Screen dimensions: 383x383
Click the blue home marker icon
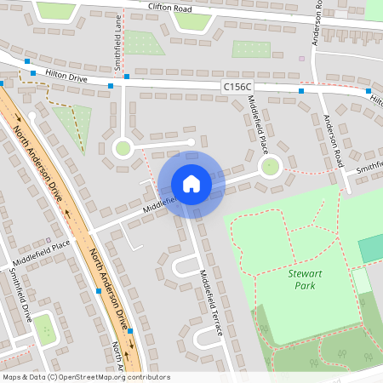point(191,183)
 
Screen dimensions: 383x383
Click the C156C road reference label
point(237,87)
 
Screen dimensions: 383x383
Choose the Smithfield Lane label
point(118,39)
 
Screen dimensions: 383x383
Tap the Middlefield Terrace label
point(210,301)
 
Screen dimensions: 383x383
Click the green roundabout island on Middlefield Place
point(271,165)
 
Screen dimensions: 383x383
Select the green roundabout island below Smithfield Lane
point(123,149)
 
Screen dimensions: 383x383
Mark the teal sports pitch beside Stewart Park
point(370,249)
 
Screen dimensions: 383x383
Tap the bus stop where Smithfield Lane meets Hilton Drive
point(126,77)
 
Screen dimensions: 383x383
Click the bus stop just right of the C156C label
point(301,89)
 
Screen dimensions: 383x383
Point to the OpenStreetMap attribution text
point(86,377)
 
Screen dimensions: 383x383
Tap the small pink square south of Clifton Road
point(300,59)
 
